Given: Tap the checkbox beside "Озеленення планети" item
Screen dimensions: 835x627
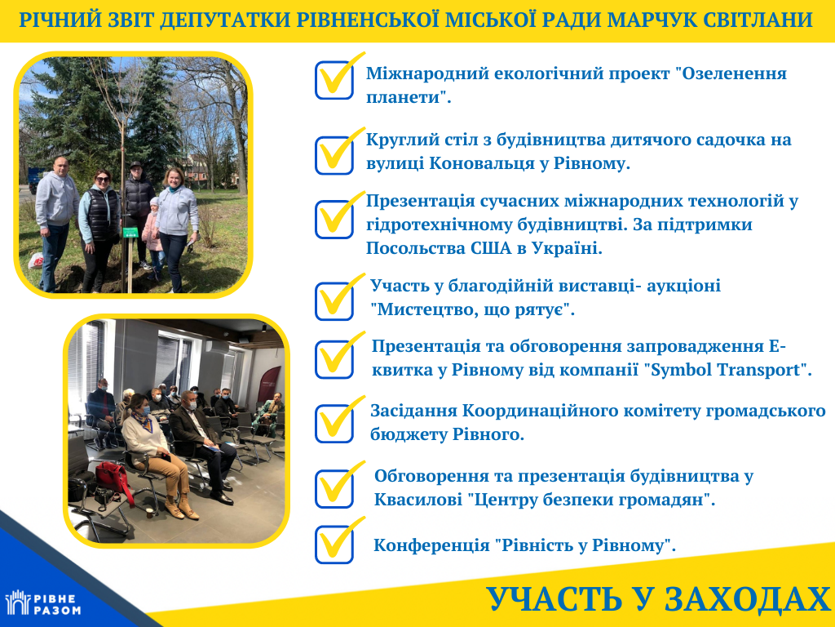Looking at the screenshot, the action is (334, 81).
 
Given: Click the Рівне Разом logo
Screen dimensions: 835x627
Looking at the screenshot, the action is (42, 603).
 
